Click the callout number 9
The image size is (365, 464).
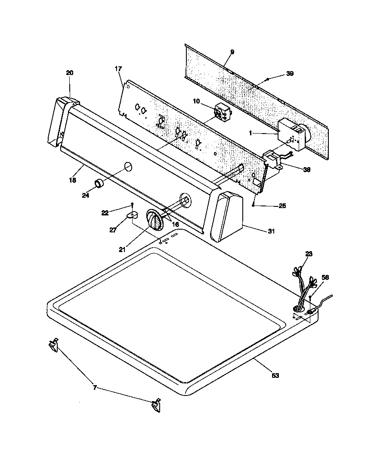(x=232, y=52)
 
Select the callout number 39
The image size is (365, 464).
(x=290, y=74)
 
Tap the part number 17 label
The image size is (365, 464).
(x=118, y=69)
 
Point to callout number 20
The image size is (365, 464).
(x=70, y=73)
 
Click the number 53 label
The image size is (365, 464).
(x=275, y=375)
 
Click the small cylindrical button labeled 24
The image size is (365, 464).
(x=100, y=184)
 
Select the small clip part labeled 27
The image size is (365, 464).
(x=133, y=214)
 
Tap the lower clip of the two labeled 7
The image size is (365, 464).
(x=156, y=405)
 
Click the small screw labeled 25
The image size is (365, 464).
(x=254, y=206)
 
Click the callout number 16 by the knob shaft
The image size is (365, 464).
(x=176, y=224)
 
